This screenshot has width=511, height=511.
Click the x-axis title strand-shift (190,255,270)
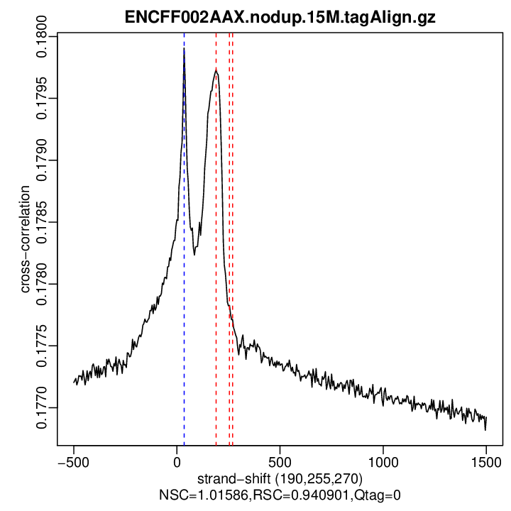coord(280,477)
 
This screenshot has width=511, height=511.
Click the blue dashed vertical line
coord(184,319)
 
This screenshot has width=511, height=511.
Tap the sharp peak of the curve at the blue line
coord(184,50)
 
